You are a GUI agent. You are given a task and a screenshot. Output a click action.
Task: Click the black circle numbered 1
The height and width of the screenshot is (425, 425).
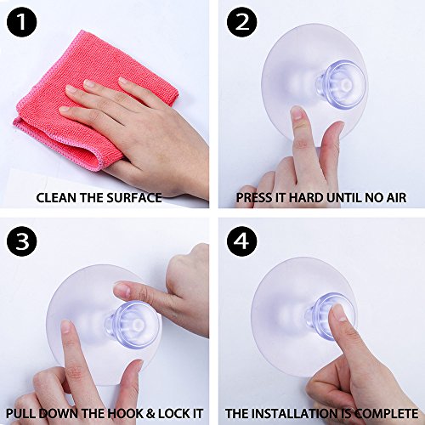pyautogui.click(x=22, y=22)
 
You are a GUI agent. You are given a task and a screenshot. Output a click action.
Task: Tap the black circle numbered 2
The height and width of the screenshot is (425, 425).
pyautogui.click(x=241, y=22)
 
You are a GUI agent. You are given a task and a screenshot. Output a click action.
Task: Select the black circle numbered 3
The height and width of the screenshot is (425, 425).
pyautogui.click(x=22, y=241)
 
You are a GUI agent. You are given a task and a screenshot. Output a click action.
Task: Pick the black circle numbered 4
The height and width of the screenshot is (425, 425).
pyautogui.click(x=241, y=241)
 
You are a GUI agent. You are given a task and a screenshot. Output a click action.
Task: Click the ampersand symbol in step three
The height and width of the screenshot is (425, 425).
pyautogui.click(x=150, y=413)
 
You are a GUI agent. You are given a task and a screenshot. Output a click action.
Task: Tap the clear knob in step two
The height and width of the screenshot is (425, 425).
pyautogui.click(x=342, y=84)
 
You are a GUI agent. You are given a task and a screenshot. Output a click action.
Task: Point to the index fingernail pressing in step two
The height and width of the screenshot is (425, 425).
pyautogui.click(x=297, y=113)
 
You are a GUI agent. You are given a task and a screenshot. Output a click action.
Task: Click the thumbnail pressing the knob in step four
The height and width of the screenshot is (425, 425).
pyautogui.click(x=338, y=312)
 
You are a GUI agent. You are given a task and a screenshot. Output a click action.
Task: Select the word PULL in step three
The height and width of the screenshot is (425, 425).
pyautogui.click(x=20, y=413)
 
